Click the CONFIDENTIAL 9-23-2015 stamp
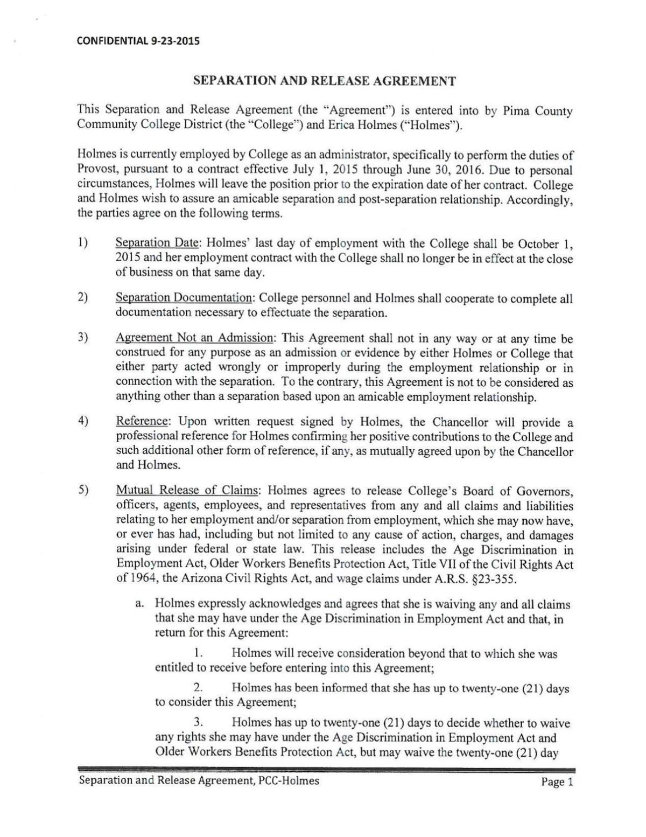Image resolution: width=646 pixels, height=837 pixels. click(x=135, y=40)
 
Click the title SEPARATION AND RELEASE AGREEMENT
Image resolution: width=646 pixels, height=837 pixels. click(x=325, y=81)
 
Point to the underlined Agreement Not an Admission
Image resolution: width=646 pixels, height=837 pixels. click(x=194, y=339)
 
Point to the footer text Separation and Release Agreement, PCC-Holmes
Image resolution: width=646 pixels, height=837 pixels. click(x=199, y=780)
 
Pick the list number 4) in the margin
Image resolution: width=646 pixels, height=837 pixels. click(x=83, y=421)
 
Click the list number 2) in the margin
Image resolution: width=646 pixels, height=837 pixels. click(x=83, y=298)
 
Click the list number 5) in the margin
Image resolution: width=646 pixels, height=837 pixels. click(x=83, y=491)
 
